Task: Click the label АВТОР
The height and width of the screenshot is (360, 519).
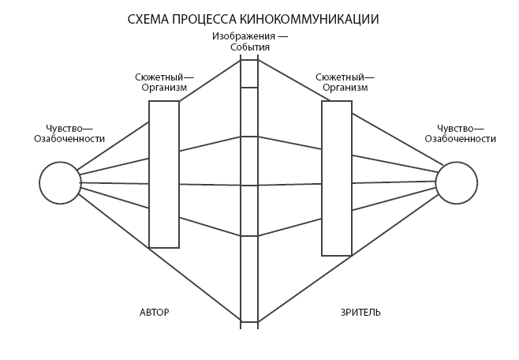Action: (x=154, y=312)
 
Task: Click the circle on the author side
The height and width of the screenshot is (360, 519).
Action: (x=60, y=183)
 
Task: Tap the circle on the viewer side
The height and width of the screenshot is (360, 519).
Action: (x=457, y=183)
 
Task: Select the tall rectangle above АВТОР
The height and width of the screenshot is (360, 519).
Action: (x=164, y=174)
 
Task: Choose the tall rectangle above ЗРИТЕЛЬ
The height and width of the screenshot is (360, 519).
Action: (x=337, y=178)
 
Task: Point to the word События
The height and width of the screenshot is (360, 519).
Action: (x=250, y=47)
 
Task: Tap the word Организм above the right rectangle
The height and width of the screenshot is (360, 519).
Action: (x=345, y=88)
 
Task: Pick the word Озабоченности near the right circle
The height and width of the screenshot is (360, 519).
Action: (x=461, y=138)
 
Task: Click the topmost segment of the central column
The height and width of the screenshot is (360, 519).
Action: (x=249, y=73)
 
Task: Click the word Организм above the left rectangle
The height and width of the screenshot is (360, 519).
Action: (x=165, y=88)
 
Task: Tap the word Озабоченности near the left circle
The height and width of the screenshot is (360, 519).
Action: (x=69, y=138)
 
